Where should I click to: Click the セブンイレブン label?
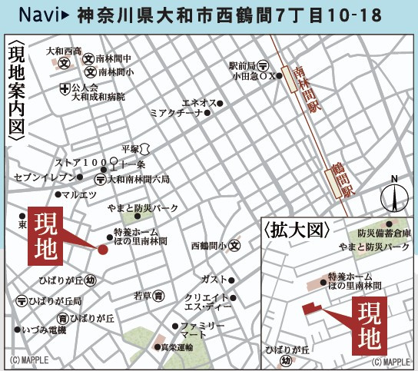[x=43, y=177]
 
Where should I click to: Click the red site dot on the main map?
[x=102, y=248]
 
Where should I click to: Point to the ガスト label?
[x=214, y=278]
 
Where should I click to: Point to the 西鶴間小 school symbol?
[x=234, y=246]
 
